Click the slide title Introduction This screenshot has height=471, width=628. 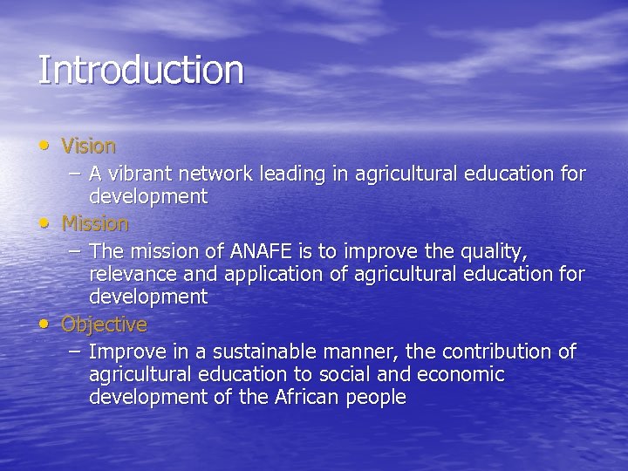(x=140, y=71)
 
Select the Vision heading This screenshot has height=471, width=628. (x=88, y=147)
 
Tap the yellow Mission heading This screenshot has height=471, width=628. (x=95, y=224)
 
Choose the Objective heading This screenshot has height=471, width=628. (x=104, y=325)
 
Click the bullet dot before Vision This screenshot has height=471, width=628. (x=44, y=144)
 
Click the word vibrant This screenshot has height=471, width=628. (x=139, y=174)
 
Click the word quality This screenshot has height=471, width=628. (x=495, y=253)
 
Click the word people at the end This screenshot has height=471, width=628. (x=374, y=399)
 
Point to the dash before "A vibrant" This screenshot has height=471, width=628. (x=76, y=174)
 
